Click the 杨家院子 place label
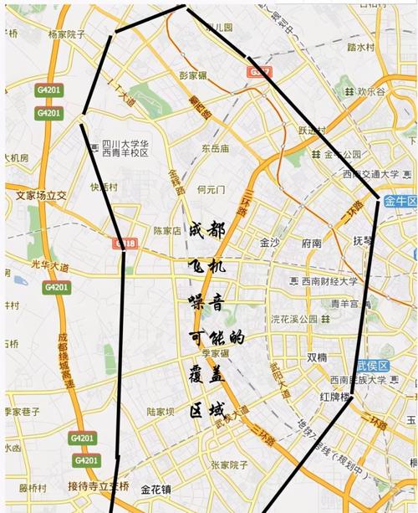click(67, 34)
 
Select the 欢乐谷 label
click(371, 90)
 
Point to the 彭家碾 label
click(193, 75)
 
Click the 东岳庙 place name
click(215, 148)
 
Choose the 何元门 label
click(212, 190)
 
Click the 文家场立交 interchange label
click(41, 195)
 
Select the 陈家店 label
click(167, 230)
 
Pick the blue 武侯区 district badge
click(372, 367)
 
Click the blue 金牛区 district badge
click(400, 200)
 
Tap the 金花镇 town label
click(155, 489)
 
